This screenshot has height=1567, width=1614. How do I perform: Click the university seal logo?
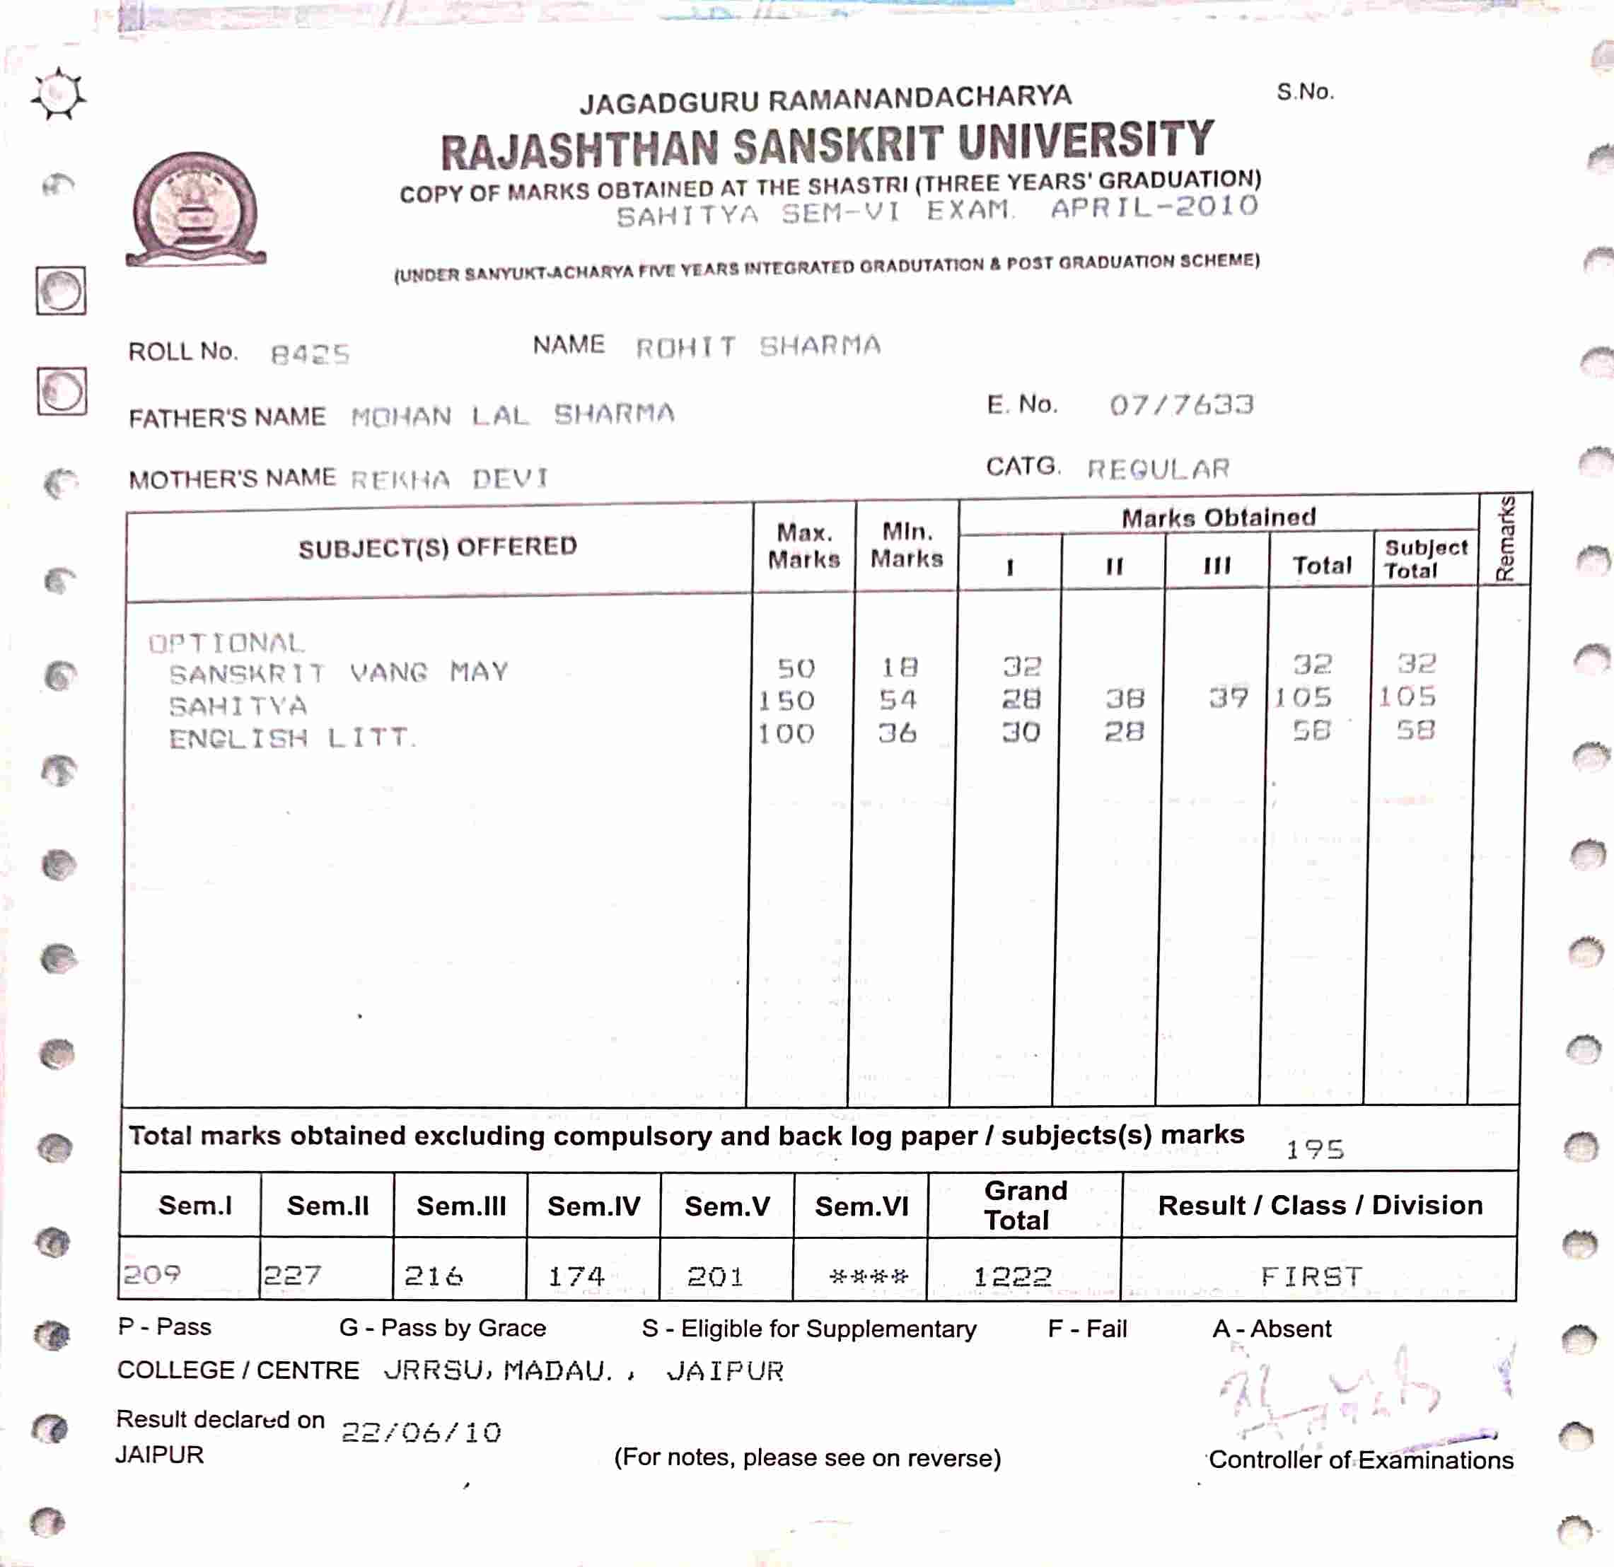point(195,209)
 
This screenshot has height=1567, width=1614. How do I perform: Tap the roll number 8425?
point(310,355)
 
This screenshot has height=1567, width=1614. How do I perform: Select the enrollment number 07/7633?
point(1181,404)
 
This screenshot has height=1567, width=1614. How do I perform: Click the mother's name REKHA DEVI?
point(450,479)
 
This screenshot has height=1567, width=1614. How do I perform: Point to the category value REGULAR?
point(1158,470)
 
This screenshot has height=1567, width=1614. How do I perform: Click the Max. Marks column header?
point(803,546)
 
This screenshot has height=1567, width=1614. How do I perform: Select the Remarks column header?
point(1504,540)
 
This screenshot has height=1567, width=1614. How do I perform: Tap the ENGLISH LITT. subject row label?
point(291,738)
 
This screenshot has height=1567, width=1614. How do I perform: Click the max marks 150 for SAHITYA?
point(786,701)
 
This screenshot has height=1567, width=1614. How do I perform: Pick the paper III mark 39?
point(1228,698)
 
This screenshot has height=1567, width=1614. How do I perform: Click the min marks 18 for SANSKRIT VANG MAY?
point(899,667)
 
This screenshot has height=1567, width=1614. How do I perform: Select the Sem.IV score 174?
point(576,1276)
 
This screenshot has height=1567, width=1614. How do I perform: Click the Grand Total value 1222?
point(1013,1276)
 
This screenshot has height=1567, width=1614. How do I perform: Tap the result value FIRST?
point(1312,1276)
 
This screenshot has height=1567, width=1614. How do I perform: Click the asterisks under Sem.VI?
point(869,1276)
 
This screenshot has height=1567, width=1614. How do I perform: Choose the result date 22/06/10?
point(422,1433)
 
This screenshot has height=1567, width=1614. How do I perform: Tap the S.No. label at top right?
point(1305,92)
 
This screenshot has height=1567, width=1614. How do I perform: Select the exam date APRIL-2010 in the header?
point(1154,206)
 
